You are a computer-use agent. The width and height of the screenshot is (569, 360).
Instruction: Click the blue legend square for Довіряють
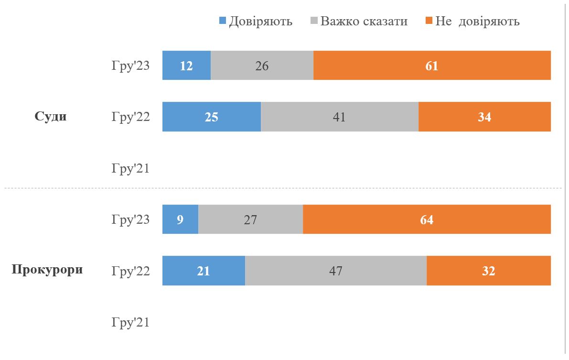[222, 21]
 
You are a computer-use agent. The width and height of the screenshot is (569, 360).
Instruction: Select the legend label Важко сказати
[364, 21]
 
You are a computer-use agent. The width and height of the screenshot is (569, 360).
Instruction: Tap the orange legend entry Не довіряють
[477, 21]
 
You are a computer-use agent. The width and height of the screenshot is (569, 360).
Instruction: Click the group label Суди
[51, 117]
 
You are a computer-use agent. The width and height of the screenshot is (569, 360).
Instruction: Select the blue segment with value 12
[186, 65]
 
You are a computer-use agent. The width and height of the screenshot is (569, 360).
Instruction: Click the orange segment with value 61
[432, 65]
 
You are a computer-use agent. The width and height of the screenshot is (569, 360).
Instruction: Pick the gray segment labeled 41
[339, 117]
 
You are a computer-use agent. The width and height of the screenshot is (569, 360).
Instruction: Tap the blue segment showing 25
[212, 117]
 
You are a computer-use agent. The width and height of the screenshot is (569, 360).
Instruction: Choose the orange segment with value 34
[484, 117]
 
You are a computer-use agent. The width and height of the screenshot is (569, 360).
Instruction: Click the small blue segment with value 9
[180, 219]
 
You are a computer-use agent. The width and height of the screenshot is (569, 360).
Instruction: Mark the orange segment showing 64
[427, 219]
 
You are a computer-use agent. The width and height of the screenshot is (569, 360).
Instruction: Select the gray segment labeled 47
[335, 271]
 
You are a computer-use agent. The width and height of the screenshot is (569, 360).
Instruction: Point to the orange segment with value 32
[488, 271]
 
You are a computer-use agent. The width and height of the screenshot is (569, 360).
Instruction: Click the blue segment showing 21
[204, 271]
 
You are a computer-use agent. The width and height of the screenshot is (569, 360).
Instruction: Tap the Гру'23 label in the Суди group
[131, 65]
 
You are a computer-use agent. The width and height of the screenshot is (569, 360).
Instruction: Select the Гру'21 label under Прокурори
[131, 322]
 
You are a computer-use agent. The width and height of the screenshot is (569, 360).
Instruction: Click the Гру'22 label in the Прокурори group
[131, 271]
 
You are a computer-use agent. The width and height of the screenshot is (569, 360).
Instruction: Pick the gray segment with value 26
[262, 65]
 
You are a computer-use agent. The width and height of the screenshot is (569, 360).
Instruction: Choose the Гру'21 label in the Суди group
[131, 168]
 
